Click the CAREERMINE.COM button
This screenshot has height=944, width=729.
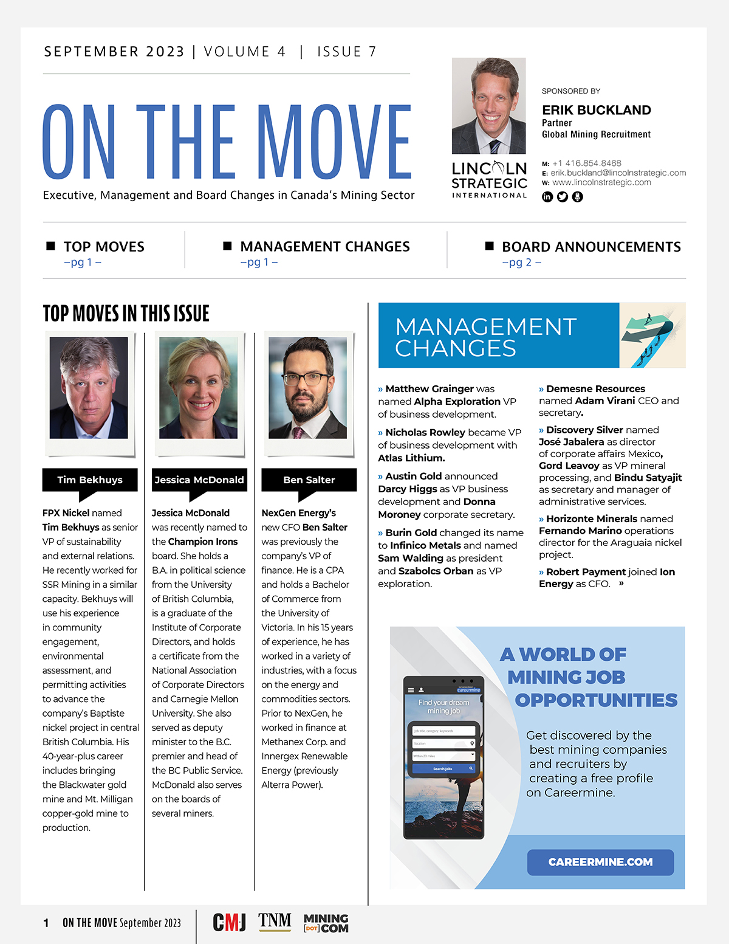[600, 862]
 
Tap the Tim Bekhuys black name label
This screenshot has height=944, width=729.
[90, 480]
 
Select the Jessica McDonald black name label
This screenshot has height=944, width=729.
[199, 480]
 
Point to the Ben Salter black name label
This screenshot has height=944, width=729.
[309, 480]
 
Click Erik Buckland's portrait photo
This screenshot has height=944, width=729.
[489, 106]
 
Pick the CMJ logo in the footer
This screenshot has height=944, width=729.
[229, 922]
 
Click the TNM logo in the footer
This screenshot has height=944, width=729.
[275, 922]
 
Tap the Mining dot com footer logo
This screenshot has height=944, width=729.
[326, 923]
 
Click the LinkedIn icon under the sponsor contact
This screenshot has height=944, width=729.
[547, 197]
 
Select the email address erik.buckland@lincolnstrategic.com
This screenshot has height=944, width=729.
[618, 173]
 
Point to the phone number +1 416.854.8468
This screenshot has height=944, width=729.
[586, 164]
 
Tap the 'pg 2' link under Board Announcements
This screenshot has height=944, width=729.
[521, 263]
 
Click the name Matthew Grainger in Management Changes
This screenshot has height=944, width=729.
[430, 388]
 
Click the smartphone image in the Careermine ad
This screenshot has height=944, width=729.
[443, 757]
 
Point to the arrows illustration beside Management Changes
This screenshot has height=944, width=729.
[652, 336]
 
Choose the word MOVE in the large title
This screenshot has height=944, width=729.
[335, 142]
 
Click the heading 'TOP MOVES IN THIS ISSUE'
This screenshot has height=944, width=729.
[126, 314]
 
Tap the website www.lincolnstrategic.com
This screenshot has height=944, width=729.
[601, 182]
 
